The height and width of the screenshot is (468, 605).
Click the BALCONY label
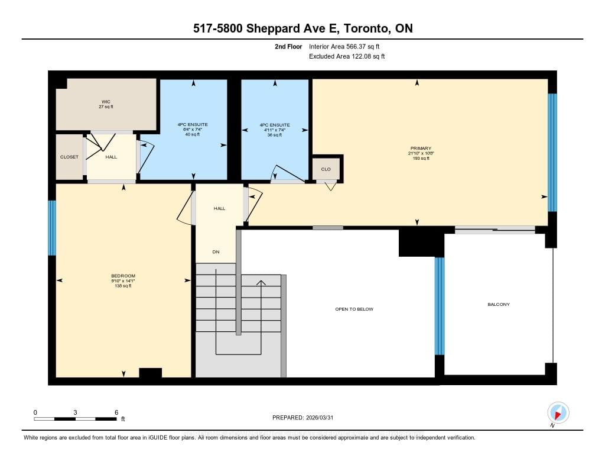498,304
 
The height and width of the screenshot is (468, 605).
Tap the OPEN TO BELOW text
354,309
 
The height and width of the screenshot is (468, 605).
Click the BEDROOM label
123,276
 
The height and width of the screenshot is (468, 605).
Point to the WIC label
106,101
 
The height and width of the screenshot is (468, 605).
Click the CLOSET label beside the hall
69,157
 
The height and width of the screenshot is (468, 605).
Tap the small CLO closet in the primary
326,169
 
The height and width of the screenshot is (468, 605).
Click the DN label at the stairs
216,252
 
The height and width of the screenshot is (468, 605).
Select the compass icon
558,412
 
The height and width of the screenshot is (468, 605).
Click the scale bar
75,419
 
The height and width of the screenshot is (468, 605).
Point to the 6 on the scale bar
116,412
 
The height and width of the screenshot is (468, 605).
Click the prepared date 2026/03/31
307,417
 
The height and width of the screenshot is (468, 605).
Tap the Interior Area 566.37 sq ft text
349,46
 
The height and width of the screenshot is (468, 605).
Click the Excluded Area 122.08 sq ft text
347,56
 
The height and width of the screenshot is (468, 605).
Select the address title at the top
302,28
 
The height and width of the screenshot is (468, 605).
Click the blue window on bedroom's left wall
52,228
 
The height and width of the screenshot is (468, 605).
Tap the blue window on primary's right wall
552,152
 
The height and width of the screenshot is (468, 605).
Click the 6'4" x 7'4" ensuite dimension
193,130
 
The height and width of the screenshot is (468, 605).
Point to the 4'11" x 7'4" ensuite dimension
275,130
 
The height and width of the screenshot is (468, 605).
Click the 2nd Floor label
288,46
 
